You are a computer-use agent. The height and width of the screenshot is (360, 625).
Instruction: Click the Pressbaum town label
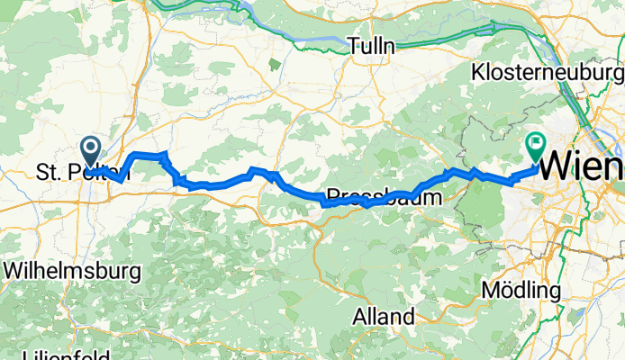point(385,195)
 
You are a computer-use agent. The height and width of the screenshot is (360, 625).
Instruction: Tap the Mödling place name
point(521,291)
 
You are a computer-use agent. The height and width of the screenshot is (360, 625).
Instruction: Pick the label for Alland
point(384,317)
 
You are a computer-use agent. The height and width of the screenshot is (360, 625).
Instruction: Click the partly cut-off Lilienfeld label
point(54,354)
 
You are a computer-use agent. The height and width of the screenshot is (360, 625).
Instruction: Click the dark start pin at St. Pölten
point(92,149)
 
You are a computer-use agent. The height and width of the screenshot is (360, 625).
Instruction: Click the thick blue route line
point(216,183)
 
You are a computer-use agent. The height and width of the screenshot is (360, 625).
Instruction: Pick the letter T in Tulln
point(354,46)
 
